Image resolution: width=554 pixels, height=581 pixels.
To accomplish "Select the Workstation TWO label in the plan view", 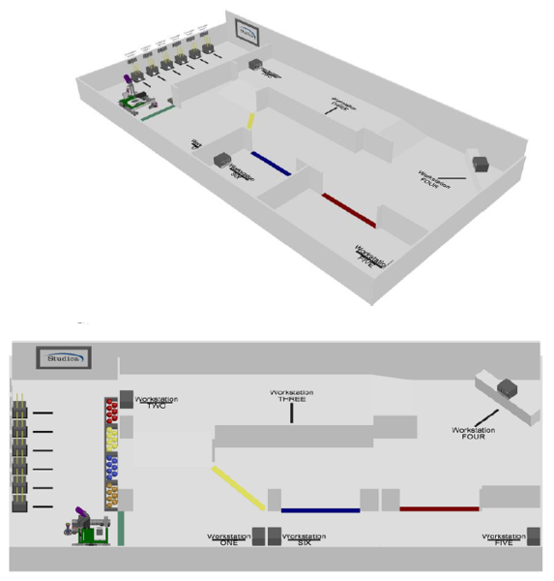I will point(158,402).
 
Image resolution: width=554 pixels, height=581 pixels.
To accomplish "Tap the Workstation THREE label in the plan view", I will point(293,397).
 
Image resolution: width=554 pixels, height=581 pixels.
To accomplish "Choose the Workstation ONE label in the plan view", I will point(228,538).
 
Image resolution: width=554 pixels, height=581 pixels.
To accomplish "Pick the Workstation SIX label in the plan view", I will point(308,538).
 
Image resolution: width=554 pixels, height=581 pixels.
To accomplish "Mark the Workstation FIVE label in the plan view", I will point(504,538).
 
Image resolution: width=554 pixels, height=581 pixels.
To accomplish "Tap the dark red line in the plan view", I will point(439,508).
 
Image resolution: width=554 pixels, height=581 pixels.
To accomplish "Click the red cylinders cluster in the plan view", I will point(111,412).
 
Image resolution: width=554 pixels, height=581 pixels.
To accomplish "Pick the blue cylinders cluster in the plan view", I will point(111,468).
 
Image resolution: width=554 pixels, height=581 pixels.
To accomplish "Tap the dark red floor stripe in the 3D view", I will point(348,210).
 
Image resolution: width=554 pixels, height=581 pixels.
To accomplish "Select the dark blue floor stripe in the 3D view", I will point(271,164).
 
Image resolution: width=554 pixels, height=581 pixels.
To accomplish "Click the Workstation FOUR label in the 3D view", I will point(439,178).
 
